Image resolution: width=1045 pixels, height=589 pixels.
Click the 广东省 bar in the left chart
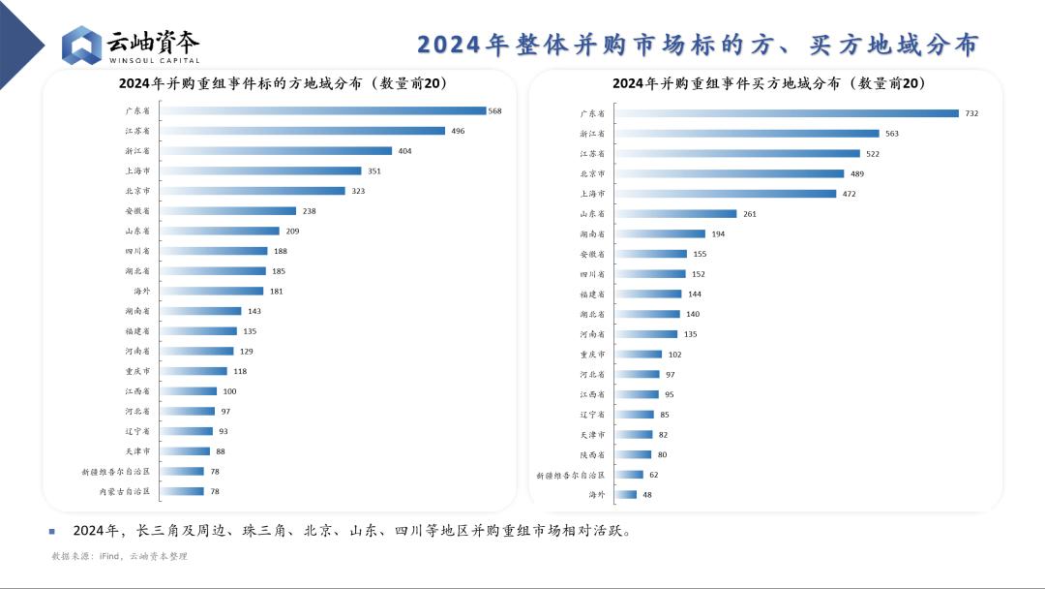tap(323, 111)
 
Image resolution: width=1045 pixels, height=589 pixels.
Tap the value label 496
tap(459, 131)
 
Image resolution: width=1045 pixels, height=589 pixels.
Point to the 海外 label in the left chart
tap(141, 291)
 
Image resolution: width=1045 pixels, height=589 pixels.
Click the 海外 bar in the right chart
tap(626, 494)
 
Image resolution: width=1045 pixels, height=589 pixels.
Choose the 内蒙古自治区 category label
tap(125, 491)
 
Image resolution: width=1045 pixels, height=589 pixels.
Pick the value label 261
tap(750, 214)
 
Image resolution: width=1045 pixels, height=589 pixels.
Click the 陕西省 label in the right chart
tap(593, 454)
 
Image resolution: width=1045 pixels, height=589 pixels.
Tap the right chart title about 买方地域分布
tap(769, 84)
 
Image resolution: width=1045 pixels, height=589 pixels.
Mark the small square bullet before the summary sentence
tap(52, 531)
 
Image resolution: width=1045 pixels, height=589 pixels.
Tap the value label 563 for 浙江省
tap(892, 134)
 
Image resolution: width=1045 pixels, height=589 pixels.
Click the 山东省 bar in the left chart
tap(220, 231)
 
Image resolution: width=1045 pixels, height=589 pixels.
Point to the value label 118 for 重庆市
tap(240, 371)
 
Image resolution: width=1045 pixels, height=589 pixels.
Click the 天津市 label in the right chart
tap(593, 434)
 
